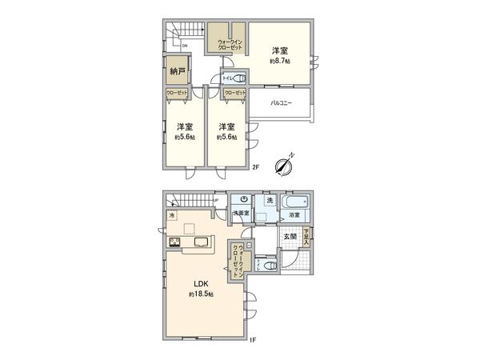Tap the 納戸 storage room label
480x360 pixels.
pos(177,71)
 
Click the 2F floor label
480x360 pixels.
pos(256,168)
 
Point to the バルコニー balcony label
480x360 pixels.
pos(279,103)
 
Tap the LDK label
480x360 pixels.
pos(198,283)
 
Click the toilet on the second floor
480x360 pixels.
pos(243,80)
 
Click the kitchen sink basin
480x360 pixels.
pos(199,243)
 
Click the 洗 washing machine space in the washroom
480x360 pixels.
pos(269,200)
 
